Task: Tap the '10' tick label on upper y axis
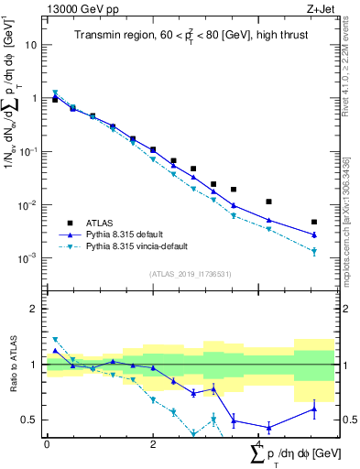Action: click(x=31, y=44)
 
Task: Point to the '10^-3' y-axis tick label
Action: click(x=28, y=258)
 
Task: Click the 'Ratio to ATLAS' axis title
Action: click(x=12, y=365)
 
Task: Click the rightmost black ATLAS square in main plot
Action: click(x=314, y=222)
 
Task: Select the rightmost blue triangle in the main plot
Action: click(x=314, y=234)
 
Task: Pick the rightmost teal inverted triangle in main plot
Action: click(x=314, y=251)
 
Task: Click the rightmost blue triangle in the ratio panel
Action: click(x=314, y=409)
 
